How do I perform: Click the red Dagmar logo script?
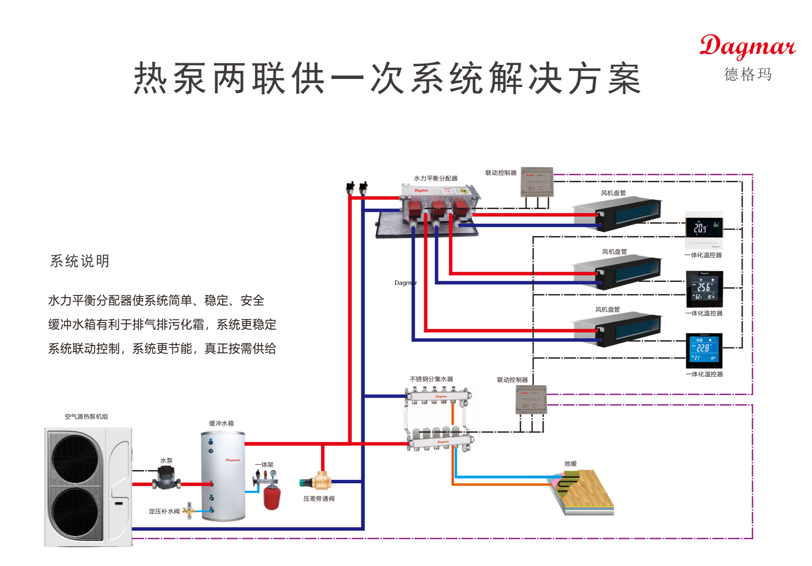pos(747,47)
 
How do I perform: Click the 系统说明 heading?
pos(80,261)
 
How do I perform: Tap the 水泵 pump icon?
pos(166,478)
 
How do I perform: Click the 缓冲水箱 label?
pos(221,423)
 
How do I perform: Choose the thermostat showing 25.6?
pos(704,289)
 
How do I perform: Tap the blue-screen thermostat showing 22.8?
pos(704,350)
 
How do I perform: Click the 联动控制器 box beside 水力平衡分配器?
pos(536,182)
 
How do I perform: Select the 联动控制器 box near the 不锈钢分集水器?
pos(531,400)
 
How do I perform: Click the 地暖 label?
pos(570,463)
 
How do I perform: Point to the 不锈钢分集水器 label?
pos(431,379)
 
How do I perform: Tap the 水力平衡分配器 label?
pos(435,178)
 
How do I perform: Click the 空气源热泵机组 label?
pos(86,416)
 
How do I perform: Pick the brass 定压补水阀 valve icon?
pos(189,511)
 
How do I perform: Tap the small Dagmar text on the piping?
pos(406,283)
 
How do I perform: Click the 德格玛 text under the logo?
pos(748,74)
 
